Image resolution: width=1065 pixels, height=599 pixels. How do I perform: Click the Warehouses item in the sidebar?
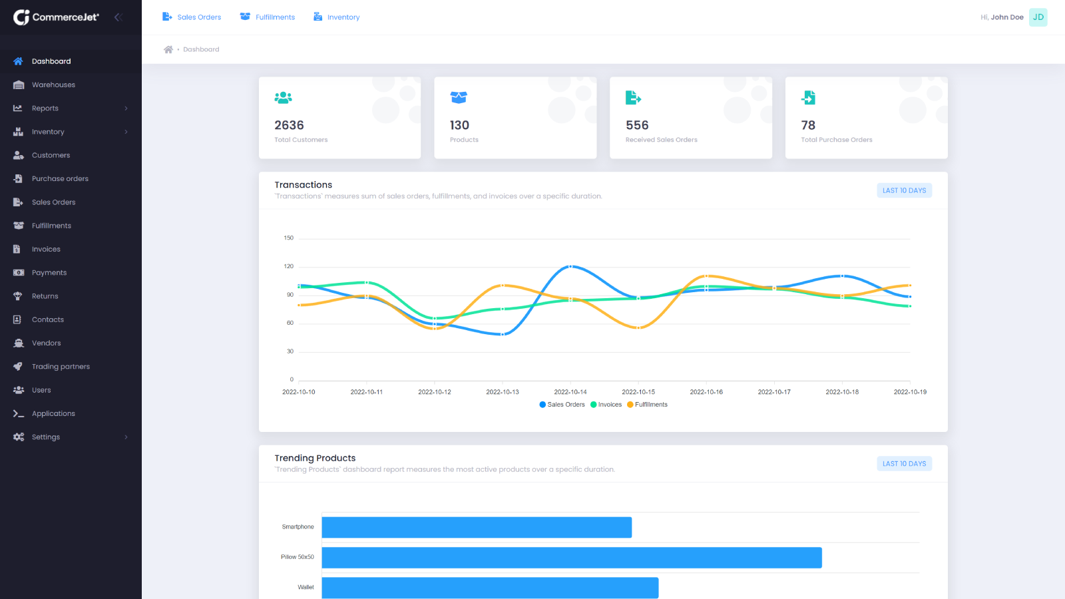click(x=53, y=85)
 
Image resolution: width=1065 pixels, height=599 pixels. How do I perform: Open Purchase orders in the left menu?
click(x=60, y=178)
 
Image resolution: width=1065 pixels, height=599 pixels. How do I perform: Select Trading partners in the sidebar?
click(x=61, y=367)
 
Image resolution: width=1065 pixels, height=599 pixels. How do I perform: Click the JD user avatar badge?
click(x=1038, y=17)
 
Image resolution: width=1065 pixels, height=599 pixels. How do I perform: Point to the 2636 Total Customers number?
click(x=289, y=125)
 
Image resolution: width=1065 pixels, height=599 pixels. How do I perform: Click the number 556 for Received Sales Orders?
click(x=637, y=125)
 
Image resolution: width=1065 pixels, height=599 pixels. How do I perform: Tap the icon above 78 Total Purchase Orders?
click(x=808, y=98)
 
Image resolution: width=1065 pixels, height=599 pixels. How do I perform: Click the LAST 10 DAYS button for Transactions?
click(x=904, y=190)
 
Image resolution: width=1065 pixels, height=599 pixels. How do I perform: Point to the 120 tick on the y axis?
click(x=288, y=266)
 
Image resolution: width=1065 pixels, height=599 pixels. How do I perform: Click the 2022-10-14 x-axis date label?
click(x=570, y=392)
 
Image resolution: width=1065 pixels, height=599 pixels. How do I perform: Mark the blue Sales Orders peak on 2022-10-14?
click(x=570, y=266)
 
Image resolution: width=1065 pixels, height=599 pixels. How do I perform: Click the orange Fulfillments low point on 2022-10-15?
click(x=638, y=327)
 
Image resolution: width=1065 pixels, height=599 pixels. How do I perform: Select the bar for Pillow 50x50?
click(x=571, y=558)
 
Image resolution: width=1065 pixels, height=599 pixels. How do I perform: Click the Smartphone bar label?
click(x=298, y=527)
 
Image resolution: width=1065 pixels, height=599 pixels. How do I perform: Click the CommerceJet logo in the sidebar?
click(x=56, y=17)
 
